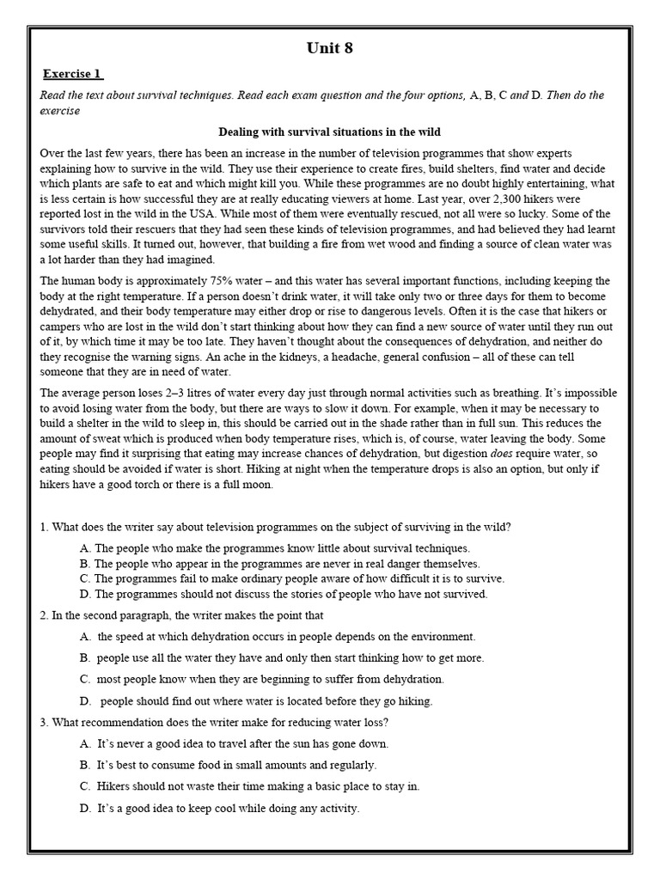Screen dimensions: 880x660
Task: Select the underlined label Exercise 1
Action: coord(74,74)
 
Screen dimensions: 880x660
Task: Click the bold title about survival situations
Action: coord(330,131)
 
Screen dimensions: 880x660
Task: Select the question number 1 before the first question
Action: coord(43,527)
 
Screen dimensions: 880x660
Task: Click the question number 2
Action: coord(43,615)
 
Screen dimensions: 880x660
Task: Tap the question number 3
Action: coord(43,721)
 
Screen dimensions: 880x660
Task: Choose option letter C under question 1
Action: coord(84,578)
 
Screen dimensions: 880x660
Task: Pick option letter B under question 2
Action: coord(84,657)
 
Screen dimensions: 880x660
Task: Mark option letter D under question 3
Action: coord(85,808)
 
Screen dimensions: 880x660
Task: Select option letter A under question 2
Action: coord(85,636)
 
